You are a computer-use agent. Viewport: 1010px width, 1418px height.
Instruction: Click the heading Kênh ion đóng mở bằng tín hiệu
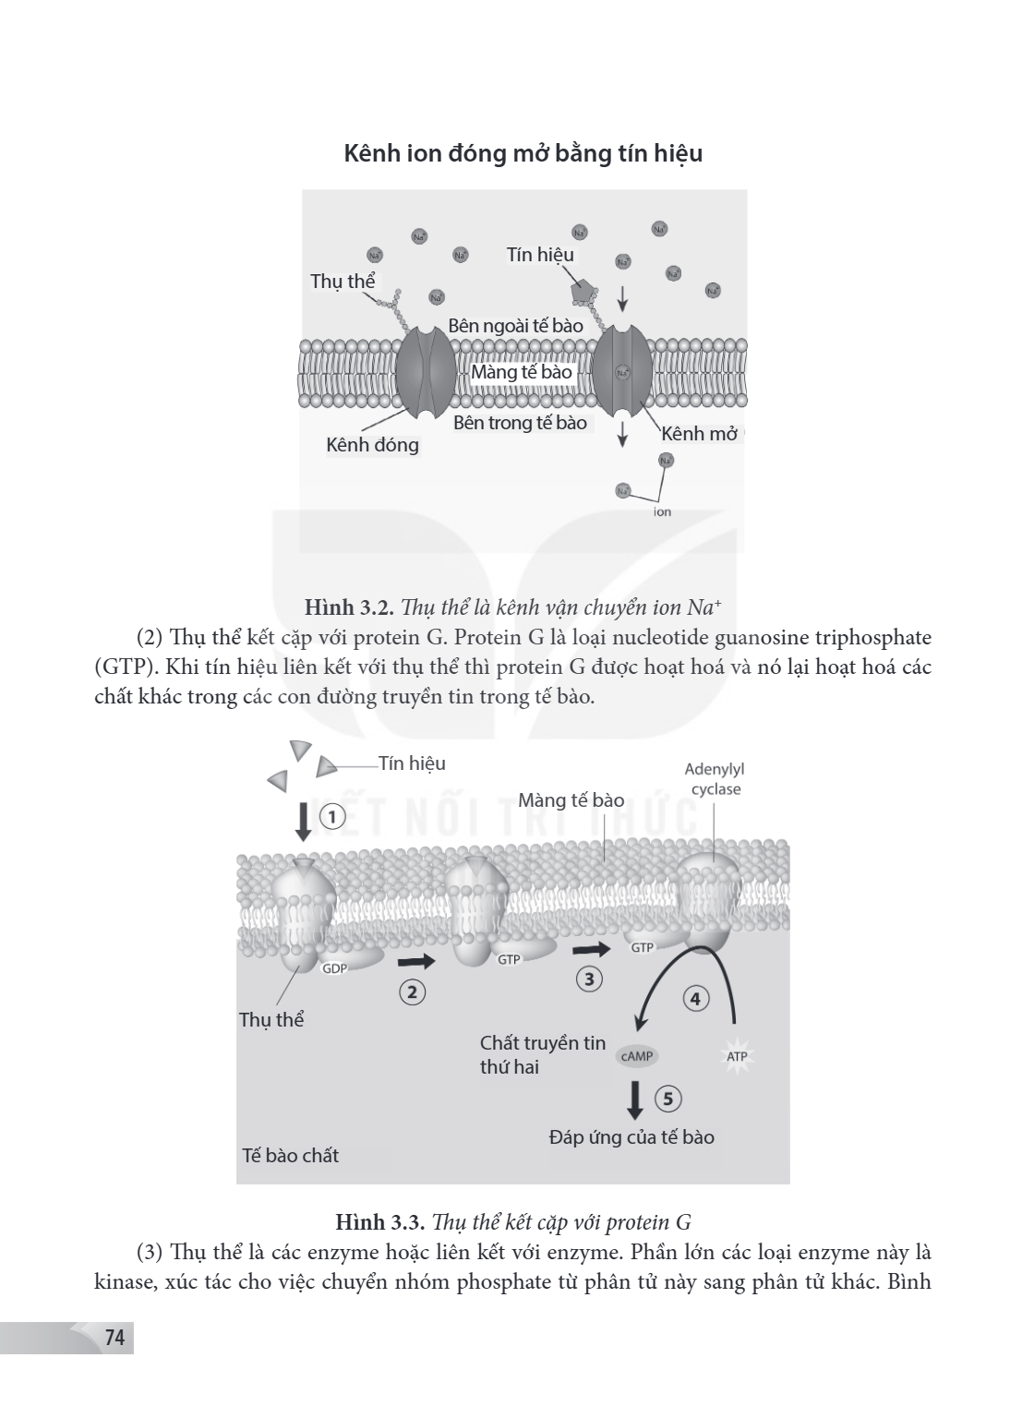point(523,154)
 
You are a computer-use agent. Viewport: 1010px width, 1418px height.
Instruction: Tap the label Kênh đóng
point(372,445)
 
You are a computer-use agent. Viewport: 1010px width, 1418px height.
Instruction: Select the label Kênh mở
point(700,434)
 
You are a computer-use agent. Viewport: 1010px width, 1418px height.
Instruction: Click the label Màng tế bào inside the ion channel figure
point(521,372)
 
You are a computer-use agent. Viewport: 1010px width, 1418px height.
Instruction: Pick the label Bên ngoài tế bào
point(515,325)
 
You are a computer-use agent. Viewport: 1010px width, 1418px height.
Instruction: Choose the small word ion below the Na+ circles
point(662,511)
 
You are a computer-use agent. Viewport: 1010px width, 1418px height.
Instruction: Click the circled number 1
point(333,817)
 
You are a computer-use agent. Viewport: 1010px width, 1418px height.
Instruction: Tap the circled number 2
point(413,992)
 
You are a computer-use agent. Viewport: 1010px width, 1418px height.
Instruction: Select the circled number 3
point(589,979)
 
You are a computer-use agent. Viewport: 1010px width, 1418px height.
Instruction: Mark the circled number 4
point(695,999)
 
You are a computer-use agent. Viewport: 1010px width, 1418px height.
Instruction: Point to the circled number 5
point(668,1099)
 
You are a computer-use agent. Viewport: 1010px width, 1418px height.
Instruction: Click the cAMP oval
point(637,1056)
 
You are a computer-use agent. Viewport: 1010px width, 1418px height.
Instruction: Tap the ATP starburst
point(737,1056)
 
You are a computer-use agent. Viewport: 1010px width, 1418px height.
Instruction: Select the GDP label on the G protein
point(334,968)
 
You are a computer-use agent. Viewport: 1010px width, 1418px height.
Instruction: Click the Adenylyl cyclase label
point(715,779)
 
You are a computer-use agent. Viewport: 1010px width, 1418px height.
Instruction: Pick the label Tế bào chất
point(291,1156)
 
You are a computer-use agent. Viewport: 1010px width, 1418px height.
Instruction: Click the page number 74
point(114,1338)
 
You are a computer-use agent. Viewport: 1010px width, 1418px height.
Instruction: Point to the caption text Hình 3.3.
point(380,1221)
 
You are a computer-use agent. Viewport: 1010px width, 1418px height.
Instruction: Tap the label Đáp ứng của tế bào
point(631,1137)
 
